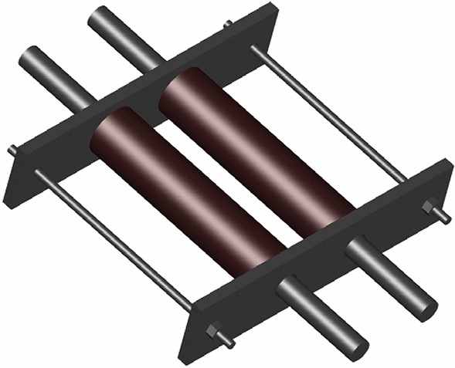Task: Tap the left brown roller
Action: (x=185, y=193)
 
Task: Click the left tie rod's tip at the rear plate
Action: (x=12, y=149)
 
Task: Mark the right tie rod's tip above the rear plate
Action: (x=228, y=25)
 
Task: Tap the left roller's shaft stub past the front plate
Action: (x=324, y=316)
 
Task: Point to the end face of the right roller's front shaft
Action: (x=424, y=306)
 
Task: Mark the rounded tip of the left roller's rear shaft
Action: (x=29, y=56)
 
